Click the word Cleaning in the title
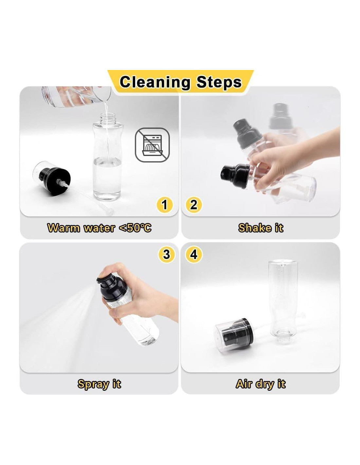(155, 82)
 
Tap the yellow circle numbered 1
(164, 205)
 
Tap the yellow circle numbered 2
(194, 205)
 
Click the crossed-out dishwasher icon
(152, 145)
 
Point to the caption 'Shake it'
(261, 228)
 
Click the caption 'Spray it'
(99, 384)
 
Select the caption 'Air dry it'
(261, 384)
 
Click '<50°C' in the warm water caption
(135, 228)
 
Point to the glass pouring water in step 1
(76, 96)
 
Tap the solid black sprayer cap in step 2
(235, 176)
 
